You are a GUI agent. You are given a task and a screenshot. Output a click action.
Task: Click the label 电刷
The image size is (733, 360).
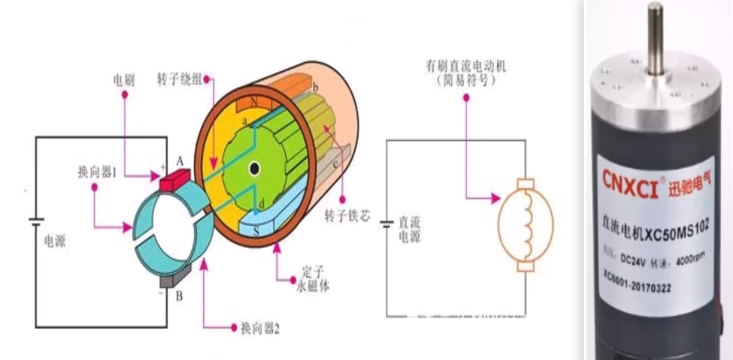[x=124, y=80]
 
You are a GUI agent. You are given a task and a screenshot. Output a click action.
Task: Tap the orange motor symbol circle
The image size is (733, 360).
[x=525, y=224]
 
